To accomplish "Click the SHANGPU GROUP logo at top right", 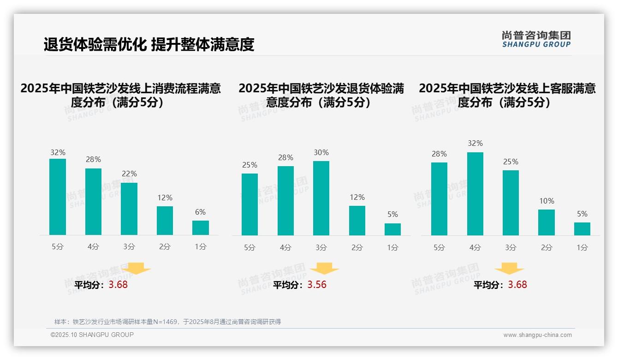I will click(x=536, y=39).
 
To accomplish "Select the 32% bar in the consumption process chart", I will click(x=58, y=197).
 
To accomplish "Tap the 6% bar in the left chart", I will click(x=200, y=228).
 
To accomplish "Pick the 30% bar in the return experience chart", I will click(x=321, y=198).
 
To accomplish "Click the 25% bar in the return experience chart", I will click(x=250, y=204).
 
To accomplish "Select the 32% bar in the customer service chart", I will click(x=475, y=194).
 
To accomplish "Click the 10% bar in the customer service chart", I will click(x=546, y=222).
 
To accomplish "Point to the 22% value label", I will click(x=129, y=174).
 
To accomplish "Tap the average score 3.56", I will click(x=317, y=285).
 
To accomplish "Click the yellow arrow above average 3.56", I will click(x=324, y=268).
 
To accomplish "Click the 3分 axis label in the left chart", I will click(x=129, y=247).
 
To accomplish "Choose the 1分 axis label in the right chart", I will click(x=582, y=248).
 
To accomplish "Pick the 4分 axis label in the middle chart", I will click(x=285, y=248).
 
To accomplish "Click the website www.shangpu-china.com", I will click(x=537, y=335).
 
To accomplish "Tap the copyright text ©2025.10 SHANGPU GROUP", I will click(x=92, y=335).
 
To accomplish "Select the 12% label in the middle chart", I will click(x=357, y=198).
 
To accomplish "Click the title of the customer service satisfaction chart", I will click(x=507, y=95).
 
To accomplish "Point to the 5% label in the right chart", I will click(x=582, y=214).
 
